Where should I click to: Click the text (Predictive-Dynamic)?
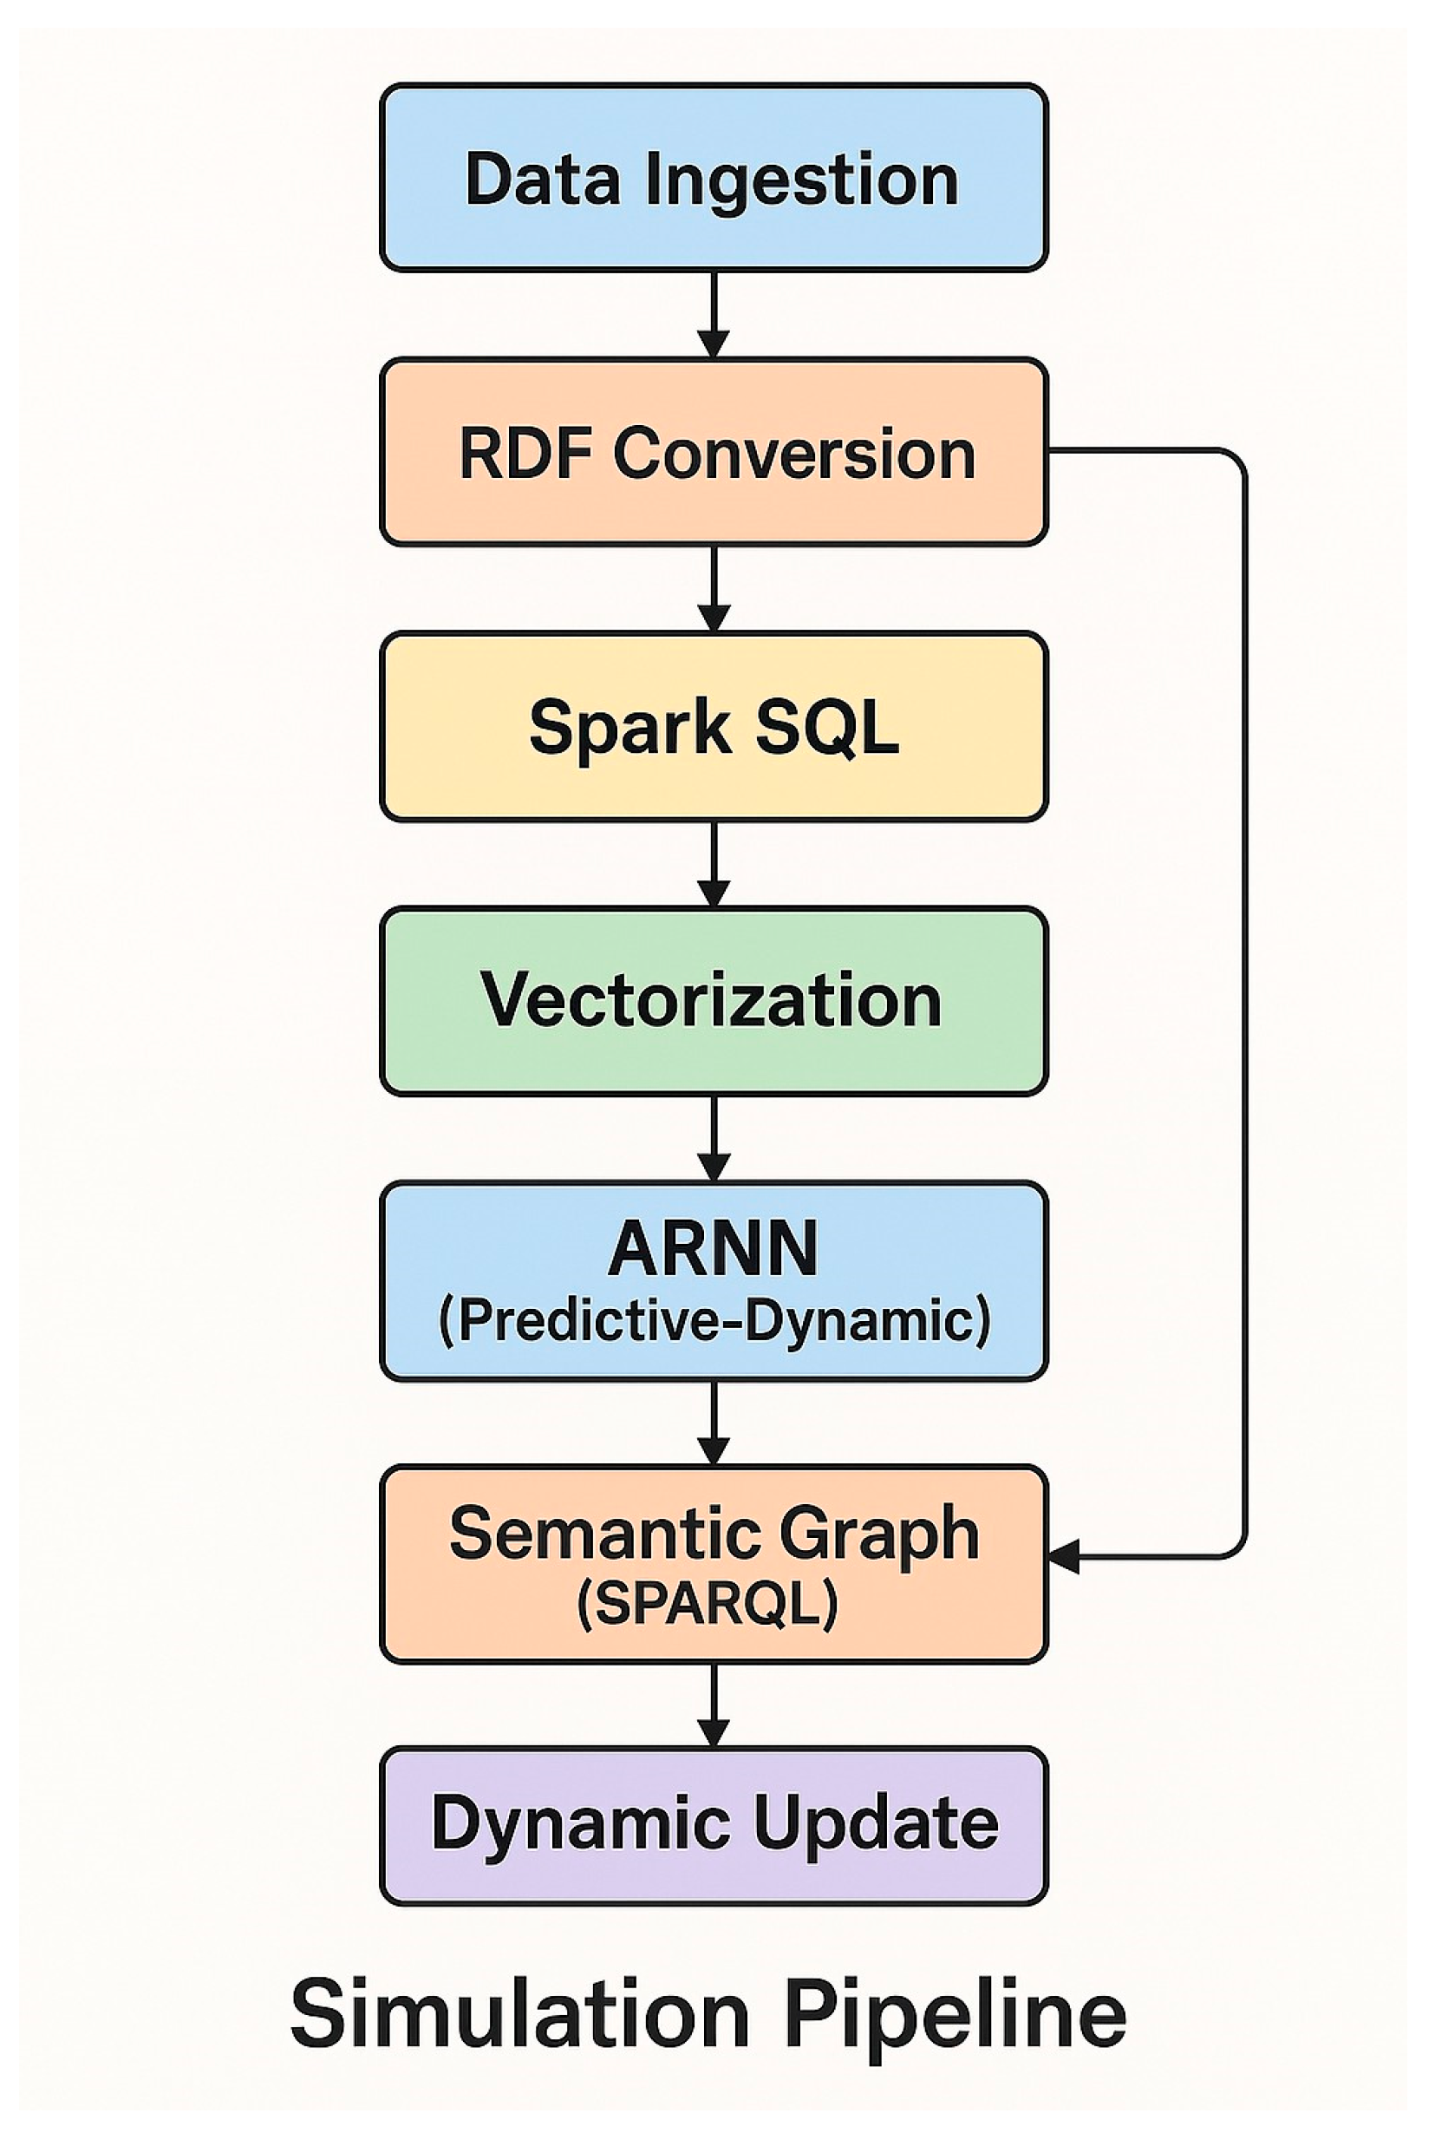click(714, 1320)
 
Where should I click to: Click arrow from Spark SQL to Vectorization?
click(714, 861)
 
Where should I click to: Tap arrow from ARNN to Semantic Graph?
click(714, 1421)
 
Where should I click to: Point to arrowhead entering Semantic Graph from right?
click(1063, 1555)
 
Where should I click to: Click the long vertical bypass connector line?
click(1244, 1007)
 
